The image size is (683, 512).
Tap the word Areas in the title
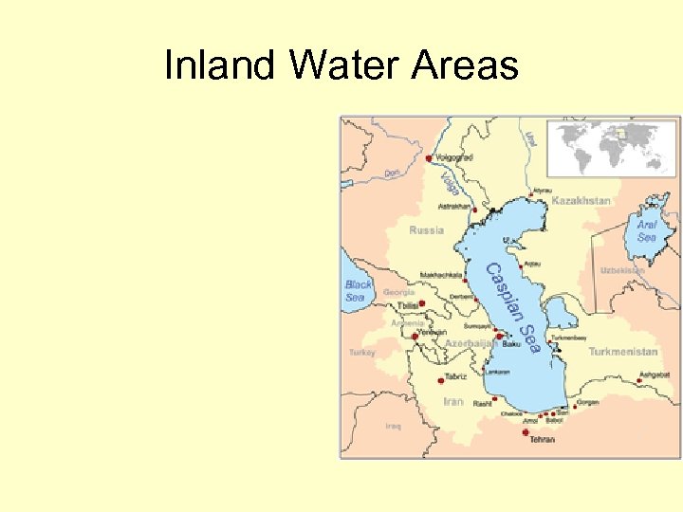pyautogui.click(x=467, y=66)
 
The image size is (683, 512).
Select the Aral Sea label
pyautogui.click(x=646, y=230)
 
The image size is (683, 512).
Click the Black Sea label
pyautogui.click(x=358, y=290)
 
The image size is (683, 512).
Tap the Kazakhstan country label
pyautogui.click(x=581, y=201)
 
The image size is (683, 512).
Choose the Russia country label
pyautogui.click(x=426, y=230)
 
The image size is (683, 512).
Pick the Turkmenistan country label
pyautogui.click(x=622, y=352)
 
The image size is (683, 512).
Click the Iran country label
pyautogui.click(x=453, y=401)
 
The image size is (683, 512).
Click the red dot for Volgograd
pyautogui.click(x=430, y=158)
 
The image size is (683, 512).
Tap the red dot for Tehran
pyautogui.click(x=526, y=431)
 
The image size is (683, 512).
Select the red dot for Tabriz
pyautogui.click(x=441, y=379)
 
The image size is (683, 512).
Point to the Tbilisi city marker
pyautogui.click(x=421, y=303)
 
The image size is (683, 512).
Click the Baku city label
pyautogui.click(x=511, y=344)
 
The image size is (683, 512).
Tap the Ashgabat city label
pyautogui.click(x=654, y=375)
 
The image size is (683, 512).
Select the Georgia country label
pyautogui.click(x=398, y=293)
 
